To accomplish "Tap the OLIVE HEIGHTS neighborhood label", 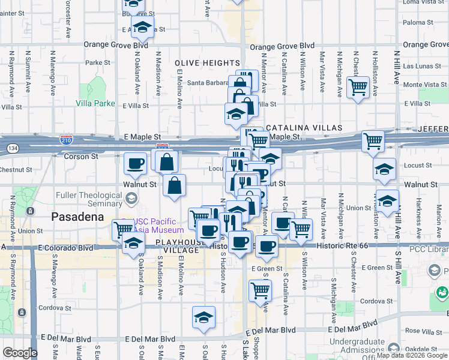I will point(207,63).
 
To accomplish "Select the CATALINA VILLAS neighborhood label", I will point(304,128).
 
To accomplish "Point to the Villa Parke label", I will point(95,103).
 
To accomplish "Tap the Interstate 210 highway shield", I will point(66,139).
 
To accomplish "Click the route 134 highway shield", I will point(11,147).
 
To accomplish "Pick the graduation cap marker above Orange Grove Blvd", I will point(142,26).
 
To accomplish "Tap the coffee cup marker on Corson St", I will point(135,163).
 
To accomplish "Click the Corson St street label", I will point(80,156).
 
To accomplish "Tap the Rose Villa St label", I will point(421,331).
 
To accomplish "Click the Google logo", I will point(20,353).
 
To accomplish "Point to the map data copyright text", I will point(412,355).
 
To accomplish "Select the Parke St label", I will point(98,62).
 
